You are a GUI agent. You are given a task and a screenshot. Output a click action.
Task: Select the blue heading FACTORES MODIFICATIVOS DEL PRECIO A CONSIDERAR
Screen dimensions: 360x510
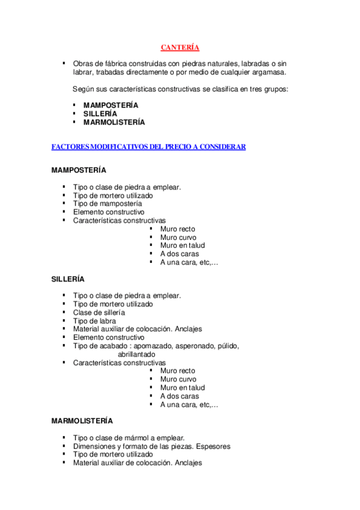pyautogui.click(x=148, y=147)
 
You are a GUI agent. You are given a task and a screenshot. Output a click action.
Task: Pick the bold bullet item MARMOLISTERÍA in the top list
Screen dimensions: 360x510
pyautogui.click(x=114, y=122)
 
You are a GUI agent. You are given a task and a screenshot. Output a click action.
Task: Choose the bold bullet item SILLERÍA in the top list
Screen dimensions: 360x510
pyautogui.click(x=100, y=114)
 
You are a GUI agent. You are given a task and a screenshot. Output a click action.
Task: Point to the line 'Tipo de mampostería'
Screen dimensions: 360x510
pyautogui.click(x=108, y=204)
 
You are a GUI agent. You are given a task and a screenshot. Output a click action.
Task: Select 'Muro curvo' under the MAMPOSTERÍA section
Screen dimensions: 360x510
pyautogui.click(x=178, y=238)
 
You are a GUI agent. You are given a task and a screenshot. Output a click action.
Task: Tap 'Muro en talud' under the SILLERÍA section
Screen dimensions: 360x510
pyautogui.click(x=183, y=388)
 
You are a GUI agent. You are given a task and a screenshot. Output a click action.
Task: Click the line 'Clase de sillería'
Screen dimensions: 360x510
pyautogui.click(x=99, y=313)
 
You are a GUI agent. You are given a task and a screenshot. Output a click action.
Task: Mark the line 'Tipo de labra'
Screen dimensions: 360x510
pyautogui.click(x=95, y=321)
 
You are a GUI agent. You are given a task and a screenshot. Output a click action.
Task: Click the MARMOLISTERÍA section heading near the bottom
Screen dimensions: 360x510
pyautogui.click(x=82, y=421)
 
